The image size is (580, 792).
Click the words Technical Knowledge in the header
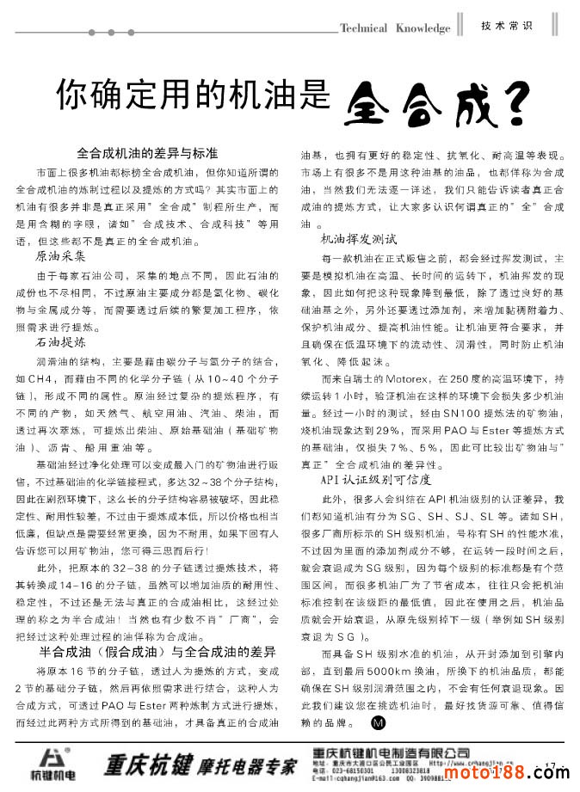click(x=395, y=28)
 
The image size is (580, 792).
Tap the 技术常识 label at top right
click(x=507, y=26)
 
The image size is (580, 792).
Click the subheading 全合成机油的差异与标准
click(x=147, y=154)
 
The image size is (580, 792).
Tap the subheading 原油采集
click(x=61, y=256)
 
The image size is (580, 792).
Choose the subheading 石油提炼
click(x=61, y=342)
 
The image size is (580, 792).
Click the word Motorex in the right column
click(x=419, y=378)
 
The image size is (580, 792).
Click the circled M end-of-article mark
click(x=379, y=721)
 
